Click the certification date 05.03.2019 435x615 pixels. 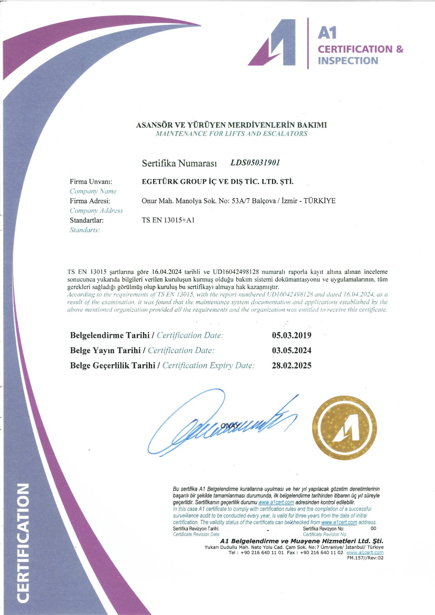[x=291, y=335]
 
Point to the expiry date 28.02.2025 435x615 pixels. [x=291, y=365]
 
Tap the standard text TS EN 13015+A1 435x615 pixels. [x=168, y=220]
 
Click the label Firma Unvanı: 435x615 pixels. [x=91, y=182]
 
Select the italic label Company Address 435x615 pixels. [x=96, y=211]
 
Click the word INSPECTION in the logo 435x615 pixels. [x=348, y=61]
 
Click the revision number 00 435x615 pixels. [x=373, y=529]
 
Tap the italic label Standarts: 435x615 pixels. [x=85, y=230]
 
